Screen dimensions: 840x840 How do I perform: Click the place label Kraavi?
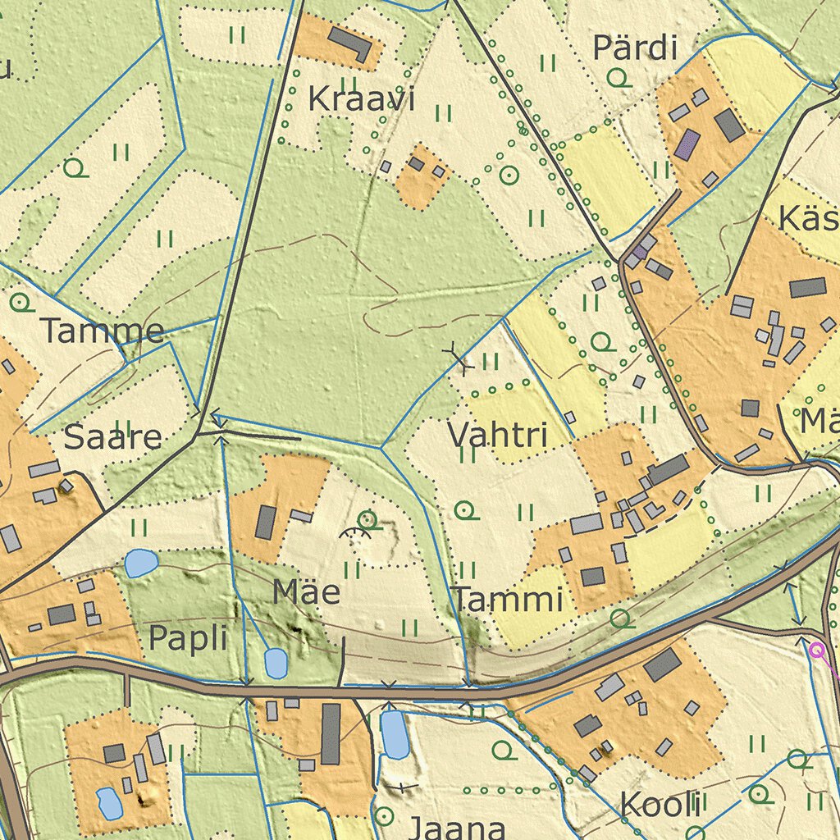(x=362, y=100)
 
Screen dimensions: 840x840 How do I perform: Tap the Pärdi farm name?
(x=635, y=48)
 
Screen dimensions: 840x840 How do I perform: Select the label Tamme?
(x=103, y=331)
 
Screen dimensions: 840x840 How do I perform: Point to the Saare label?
(x=112, y=436)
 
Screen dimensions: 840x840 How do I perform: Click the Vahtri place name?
(x=497, y=435)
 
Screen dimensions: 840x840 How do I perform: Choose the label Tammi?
(x=509, y=599)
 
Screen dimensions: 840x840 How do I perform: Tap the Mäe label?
(x=306, y=591)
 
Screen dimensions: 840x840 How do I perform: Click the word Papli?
(x=188, y=637)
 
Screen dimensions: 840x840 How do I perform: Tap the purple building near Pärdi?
(x=687, y=145)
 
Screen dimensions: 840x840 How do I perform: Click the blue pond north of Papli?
(x=141, y=563)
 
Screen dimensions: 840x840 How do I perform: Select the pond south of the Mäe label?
(x=276, y=663)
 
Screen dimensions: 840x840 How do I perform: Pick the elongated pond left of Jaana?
(x=395, y=734)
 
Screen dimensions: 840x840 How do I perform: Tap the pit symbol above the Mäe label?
(x=355, y=534)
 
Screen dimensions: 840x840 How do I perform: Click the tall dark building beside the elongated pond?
(x=331, y=733)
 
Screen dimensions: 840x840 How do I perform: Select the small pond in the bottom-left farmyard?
(x=109, y=803)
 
